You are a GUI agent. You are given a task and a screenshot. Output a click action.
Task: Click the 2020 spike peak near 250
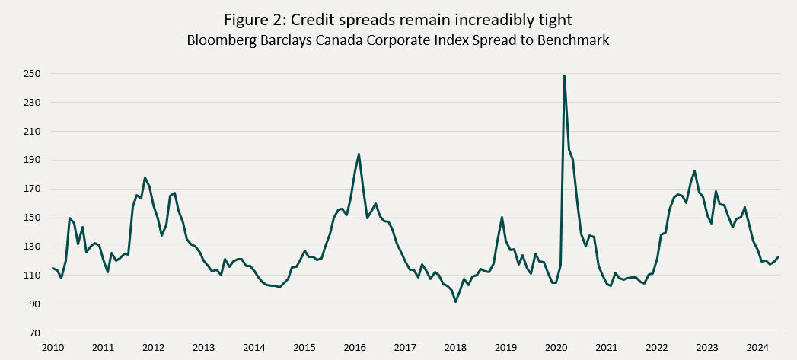[564, 75]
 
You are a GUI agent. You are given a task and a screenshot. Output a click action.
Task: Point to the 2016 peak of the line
[359, 155]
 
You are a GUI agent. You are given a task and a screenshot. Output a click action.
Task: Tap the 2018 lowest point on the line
[455, 301]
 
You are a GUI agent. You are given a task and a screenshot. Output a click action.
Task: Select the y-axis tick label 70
[33, 333]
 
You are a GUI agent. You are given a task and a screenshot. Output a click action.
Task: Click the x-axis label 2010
[53, 348]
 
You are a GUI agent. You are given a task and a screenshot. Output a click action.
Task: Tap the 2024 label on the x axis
[757, 348]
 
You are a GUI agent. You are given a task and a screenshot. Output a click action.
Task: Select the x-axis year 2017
[405, 348]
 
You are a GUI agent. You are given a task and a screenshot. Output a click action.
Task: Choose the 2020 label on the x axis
[556, 348]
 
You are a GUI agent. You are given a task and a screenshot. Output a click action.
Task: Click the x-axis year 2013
[203, 348]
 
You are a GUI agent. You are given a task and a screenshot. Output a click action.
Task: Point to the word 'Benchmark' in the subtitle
[572, 40]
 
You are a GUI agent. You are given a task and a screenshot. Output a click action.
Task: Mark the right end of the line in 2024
[778, 256]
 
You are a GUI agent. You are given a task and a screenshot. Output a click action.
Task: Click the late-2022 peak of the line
[694, 170]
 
